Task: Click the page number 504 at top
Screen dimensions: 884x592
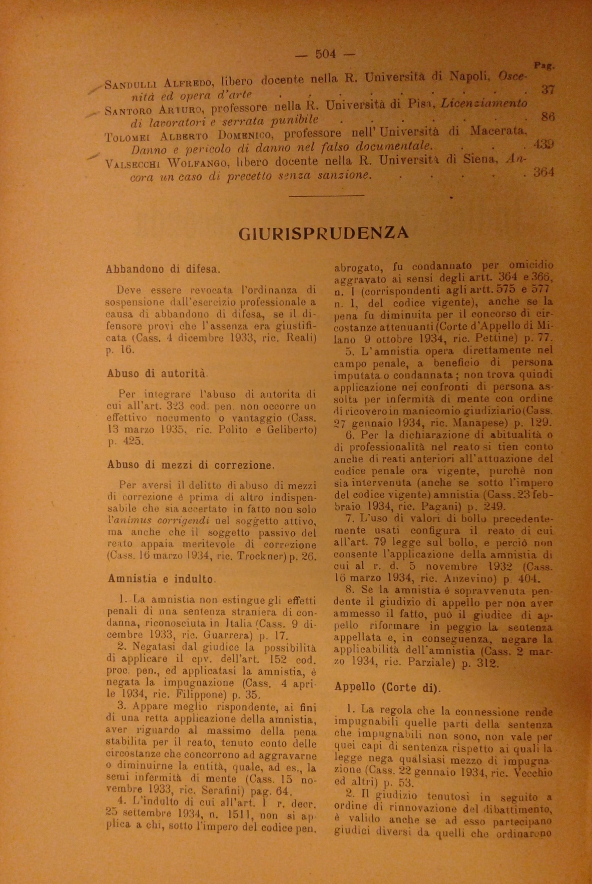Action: click(325, 54)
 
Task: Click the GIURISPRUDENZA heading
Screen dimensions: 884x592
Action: click(324, 233)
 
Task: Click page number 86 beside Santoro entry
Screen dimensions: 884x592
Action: click(547, 117)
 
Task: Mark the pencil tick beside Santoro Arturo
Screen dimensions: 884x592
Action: click(93, 113)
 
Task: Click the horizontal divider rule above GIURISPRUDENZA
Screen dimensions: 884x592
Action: click(328, 195)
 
